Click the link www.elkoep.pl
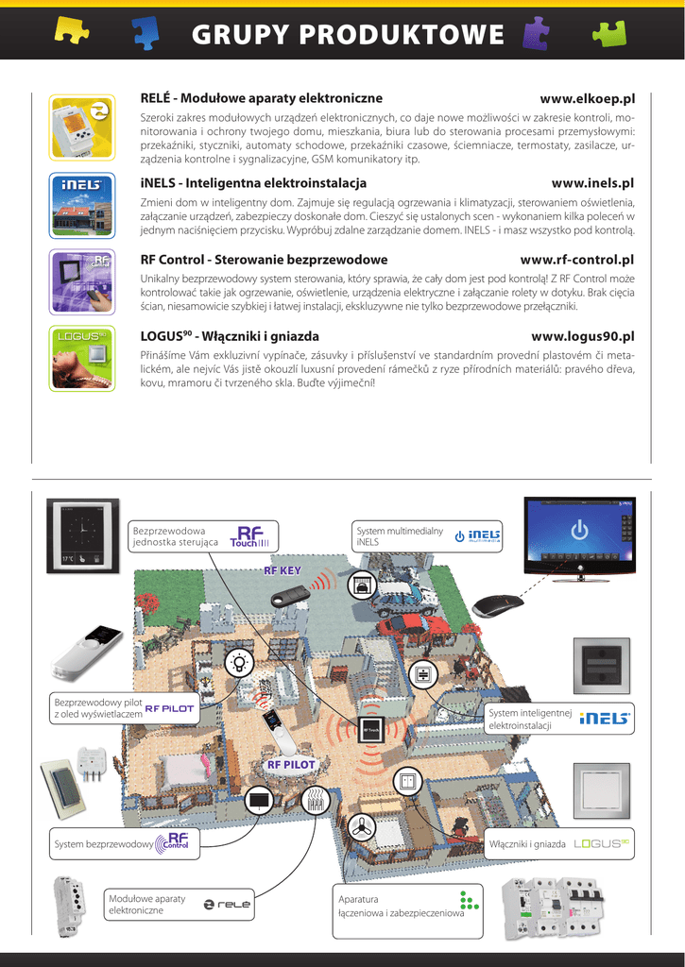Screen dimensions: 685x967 point(586,98)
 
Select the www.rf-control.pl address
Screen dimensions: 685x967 point(576,260)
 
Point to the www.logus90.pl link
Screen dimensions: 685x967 point(582,336)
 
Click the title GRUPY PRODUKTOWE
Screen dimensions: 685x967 point(348,35)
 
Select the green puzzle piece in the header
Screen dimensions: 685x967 point(609,33)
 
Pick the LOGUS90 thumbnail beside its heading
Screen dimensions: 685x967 point(81,355)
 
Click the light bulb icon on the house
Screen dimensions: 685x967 point(238,662)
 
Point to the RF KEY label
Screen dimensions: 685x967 point(282,571)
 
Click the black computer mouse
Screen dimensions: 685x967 point(498,605)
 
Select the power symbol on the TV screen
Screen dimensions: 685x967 point(580,528)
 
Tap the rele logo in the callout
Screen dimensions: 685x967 point(228,904)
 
